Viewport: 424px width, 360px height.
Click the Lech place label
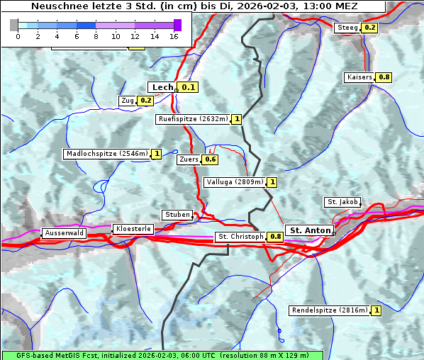(x=162, y=87)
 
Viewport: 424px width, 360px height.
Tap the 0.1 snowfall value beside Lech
(x=187, y=87)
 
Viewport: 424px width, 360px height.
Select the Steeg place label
(x=347, y=28)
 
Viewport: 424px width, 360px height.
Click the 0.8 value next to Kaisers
(x=384, y=77)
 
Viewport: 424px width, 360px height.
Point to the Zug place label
(x=128, y=101)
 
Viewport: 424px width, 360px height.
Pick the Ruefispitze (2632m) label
(x=193, y=119)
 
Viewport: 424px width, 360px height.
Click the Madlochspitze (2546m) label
(x=106, y=154)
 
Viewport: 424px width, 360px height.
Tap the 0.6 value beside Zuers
(x=211, y=159)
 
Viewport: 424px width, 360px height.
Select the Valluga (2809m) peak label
(x=235, y=182)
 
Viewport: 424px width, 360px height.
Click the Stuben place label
(x=177, y=215)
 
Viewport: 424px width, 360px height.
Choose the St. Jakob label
(x=342, y=202)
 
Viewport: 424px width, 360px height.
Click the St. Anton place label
(x=311, y=230)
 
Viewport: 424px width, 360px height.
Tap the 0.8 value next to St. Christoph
(x=275, y=237)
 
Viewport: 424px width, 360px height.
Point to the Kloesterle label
(x=133, y=229)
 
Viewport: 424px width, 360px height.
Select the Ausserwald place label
(x=64, y=232)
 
